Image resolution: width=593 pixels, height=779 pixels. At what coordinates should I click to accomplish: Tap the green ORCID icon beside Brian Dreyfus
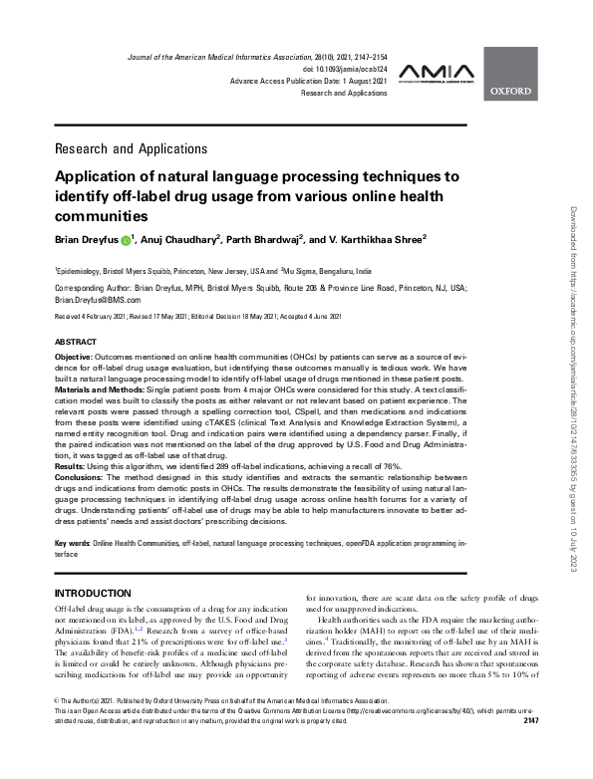point(127,240)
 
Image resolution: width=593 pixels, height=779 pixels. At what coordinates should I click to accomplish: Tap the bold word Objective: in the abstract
point(75,356)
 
